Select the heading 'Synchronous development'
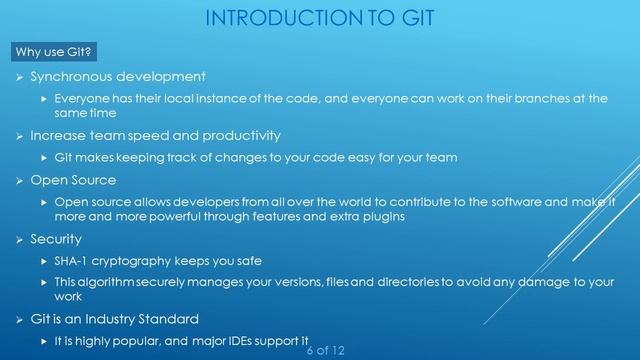pyautogui.click(x=118, y=76)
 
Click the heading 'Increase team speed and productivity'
pyautogui.click(x=155, y=135)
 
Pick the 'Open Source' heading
pyautogui.click(x=73, y=180)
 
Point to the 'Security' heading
pyautogui.click(x=58, y=240)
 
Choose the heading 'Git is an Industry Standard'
pyautogui.click(x=128, y=319)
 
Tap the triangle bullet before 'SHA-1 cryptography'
pyautogui.click(x=43, y=261)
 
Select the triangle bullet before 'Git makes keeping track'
pyautogui.click(x=43, y=158)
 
